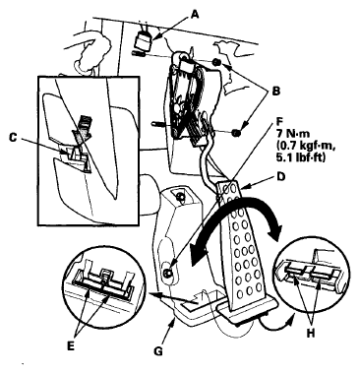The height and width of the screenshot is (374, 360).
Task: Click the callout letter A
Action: (195, 14)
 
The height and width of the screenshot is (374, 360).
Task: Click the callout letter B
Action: (276, 92)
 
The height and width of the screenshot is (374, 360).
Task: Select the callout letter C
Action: (13, 138)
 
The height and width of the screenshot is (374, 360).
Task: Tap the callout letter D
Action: (280, 177)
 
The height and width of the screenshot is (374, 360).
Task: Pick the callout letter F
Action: (278, 122)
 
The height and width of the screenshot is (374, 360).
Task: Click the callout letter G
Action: (158, 351)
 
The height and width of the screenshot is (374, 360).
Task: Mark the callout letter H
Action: (310, 334)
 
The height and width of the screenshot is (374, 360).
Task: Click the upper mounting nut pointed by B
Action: (216, 62)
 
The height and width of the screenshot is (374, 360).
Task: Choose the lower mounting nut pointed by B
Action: (236, 133)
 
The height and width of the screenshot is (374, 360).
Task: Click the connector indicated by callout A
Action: (144, 41)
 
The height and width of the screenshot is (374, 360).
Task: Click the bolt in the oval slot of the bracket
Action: (168, 272)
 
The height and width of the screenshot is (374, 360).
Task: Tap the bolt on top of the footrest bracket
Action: (180, 196)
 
